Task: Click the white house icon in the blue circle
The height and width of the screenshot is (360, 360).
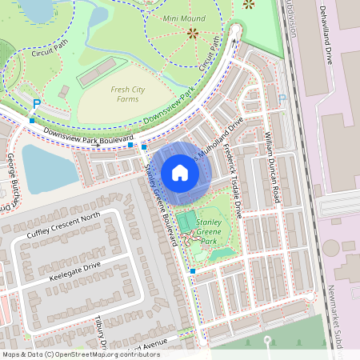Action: tap(180, 172)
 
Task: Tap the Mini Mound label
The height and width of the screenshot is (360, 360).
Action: tap(183, 17)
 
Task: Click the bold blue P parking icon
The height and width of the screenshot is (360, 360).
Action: tap(36, 103)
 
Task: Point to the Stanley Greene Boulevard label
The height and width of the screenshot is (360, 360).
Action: tap(160, 204)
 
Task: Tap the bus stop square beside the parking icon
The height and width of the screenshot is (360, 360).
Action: tap(32, 120)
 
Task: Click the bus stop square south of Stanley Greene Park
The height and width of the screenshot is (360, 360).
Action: tap(193, 272)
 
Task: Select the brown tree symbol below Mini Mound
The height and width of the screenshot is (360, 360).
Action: tap(192, 33)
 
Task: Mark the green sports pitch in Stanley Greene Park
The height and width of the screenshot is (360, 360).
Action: tap(186, 221)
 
